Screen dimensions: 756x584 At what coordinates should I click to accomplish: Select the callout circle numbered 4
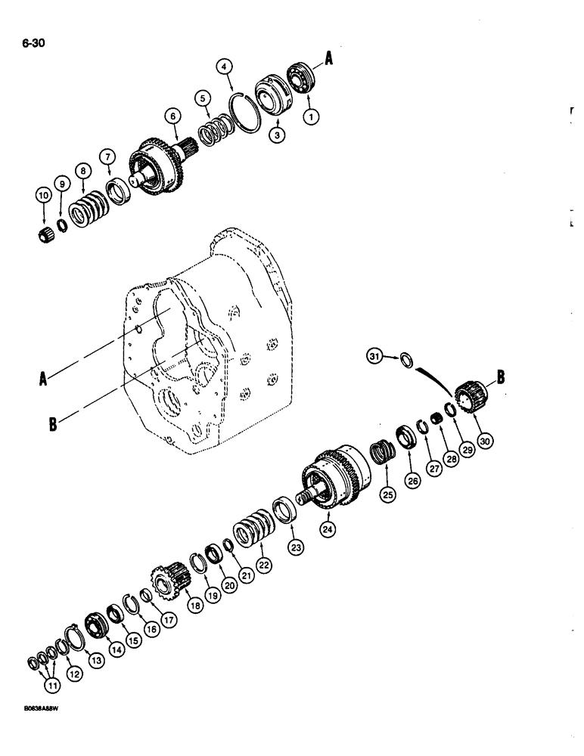tap(223, 67)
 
